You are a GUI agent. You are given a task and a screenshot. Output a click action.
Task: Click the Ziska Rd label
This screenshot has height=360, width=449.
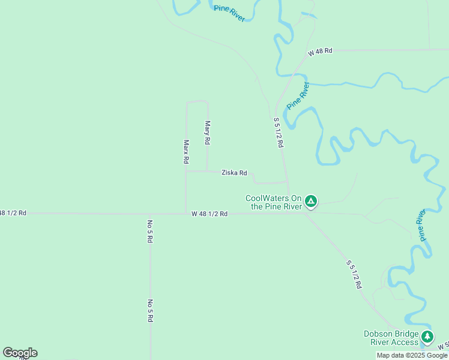click(x=234, y=173)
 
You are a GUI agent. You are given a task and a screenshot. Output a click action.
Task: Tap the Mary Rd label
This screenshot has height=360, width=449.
click(x=208, y=133)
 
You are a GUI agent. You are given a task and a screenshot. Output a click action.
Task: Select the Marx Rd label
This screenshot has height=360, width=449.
click(x=186, y=152)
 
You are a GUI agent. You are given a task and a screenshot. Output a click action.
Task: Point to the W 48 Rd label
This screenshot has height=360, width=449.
click(x=320, y=52)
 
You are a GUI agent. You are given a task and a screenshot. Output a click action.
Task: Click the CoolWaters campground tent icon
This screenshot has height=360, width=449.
click(x=311, y=201)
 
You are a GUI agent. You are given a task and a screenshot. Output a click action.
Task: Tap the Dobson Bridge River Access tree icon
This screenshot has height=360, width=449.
click(x=427, y=337)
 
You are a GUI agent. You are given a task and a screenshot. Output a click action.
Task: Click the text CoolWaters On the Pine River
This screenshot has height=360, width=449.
click(x=273, y=202)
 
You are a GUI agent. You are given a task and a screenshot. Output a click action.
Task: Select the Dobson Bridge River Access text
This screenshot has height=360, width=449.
click(x=391, y=338)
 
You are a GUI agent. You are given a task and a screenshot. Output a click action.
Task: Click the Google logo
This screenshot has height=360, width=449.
click(x=20, y=353)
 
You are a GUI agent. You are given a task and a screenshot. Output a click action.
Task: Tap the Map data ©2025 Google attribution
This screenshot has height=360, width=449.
click(x=412, y=355)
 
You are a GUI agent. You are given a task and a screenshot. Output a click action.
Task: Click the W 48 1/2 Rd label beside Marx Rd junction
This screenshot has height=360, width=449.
click(x=209, y=214)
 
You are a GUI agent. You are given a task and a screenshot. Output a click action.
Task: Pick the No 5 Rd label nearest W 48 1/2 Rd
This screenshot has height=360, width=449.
click(x=149, y=231)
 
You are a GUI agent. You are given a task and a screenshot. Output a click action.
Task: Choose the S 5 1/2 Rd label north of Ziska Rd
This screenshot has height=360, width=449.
click(x=278, y=133)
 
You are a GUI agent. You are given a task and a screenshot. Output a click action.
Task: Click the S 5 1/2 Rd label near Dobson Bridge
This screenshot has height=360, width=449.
click(x=354, y=275)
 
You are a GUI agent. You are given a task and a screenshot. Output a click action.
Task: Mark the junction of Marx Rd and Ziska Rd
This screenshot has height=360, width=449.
click(x=185, y=171)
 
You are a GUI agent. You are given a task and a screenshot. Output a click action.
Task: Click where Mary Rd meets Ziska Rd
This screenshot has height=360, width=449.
click(x=207, y=171)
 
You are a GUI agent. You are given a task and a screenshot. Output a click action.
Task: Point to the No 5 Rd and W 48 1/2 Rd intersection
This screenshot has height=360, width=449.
click(x=149, y=214)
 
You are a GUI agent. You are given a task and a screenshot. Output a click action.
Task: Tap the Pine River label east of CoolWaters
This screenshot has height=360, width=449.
click(x=423, y=226)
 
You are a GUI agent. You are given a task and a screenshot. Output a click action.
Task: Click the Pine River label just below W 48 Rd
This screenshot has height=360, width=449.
click(x=297, y=95)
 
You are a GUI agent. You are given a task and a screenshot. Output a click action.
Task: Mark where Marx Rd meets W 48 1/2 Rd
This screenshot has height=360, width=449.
click(x=185, y=214)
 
